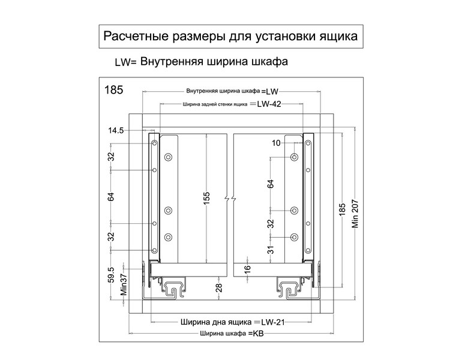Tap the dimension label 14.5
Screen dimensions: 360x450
116,130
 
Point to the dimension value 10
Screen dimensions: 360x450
276,143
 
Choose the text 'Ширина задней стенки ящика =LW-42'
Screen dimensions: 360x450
232,103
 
